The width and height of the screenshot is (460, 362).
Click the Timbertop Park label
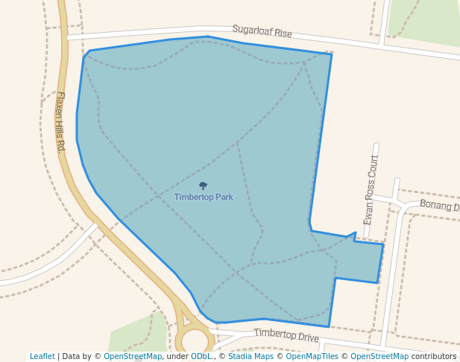[x=204, y=197]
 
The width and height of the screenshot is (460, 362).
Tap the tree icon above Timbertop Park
[x=203, y=185]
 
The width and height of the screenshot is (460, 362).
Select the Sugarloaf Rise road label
[x=262, y=31]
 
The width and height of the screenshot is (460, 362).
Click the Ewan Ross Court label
[x=371, y=191]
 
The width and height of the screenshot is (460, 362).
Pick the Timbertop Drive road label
[x=286, y=335]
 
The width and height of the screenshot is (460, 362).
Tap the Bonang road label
[x=439, y=205]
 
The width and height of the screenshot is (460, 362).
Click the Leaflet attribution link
[x=42, y=357]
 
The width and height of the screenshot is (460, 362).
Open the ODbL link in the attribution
[x=201, y=357]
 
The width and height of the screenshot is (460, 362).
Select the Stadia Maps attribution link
[x=251, y=357]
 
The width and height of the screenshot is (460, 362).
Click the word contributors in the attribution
[x=433, y=357]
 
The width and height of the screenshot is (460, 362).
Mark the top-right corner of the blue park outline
[x=332, y=54]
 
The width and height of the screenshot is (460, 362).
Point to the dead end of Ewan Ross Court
[x=376, y=146]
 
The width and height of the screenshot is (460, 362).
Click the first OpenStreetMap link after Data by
[x=133, y=357]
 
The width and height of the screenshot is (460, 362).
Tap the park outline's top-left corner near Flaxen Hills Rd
[x=89, y=51]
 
